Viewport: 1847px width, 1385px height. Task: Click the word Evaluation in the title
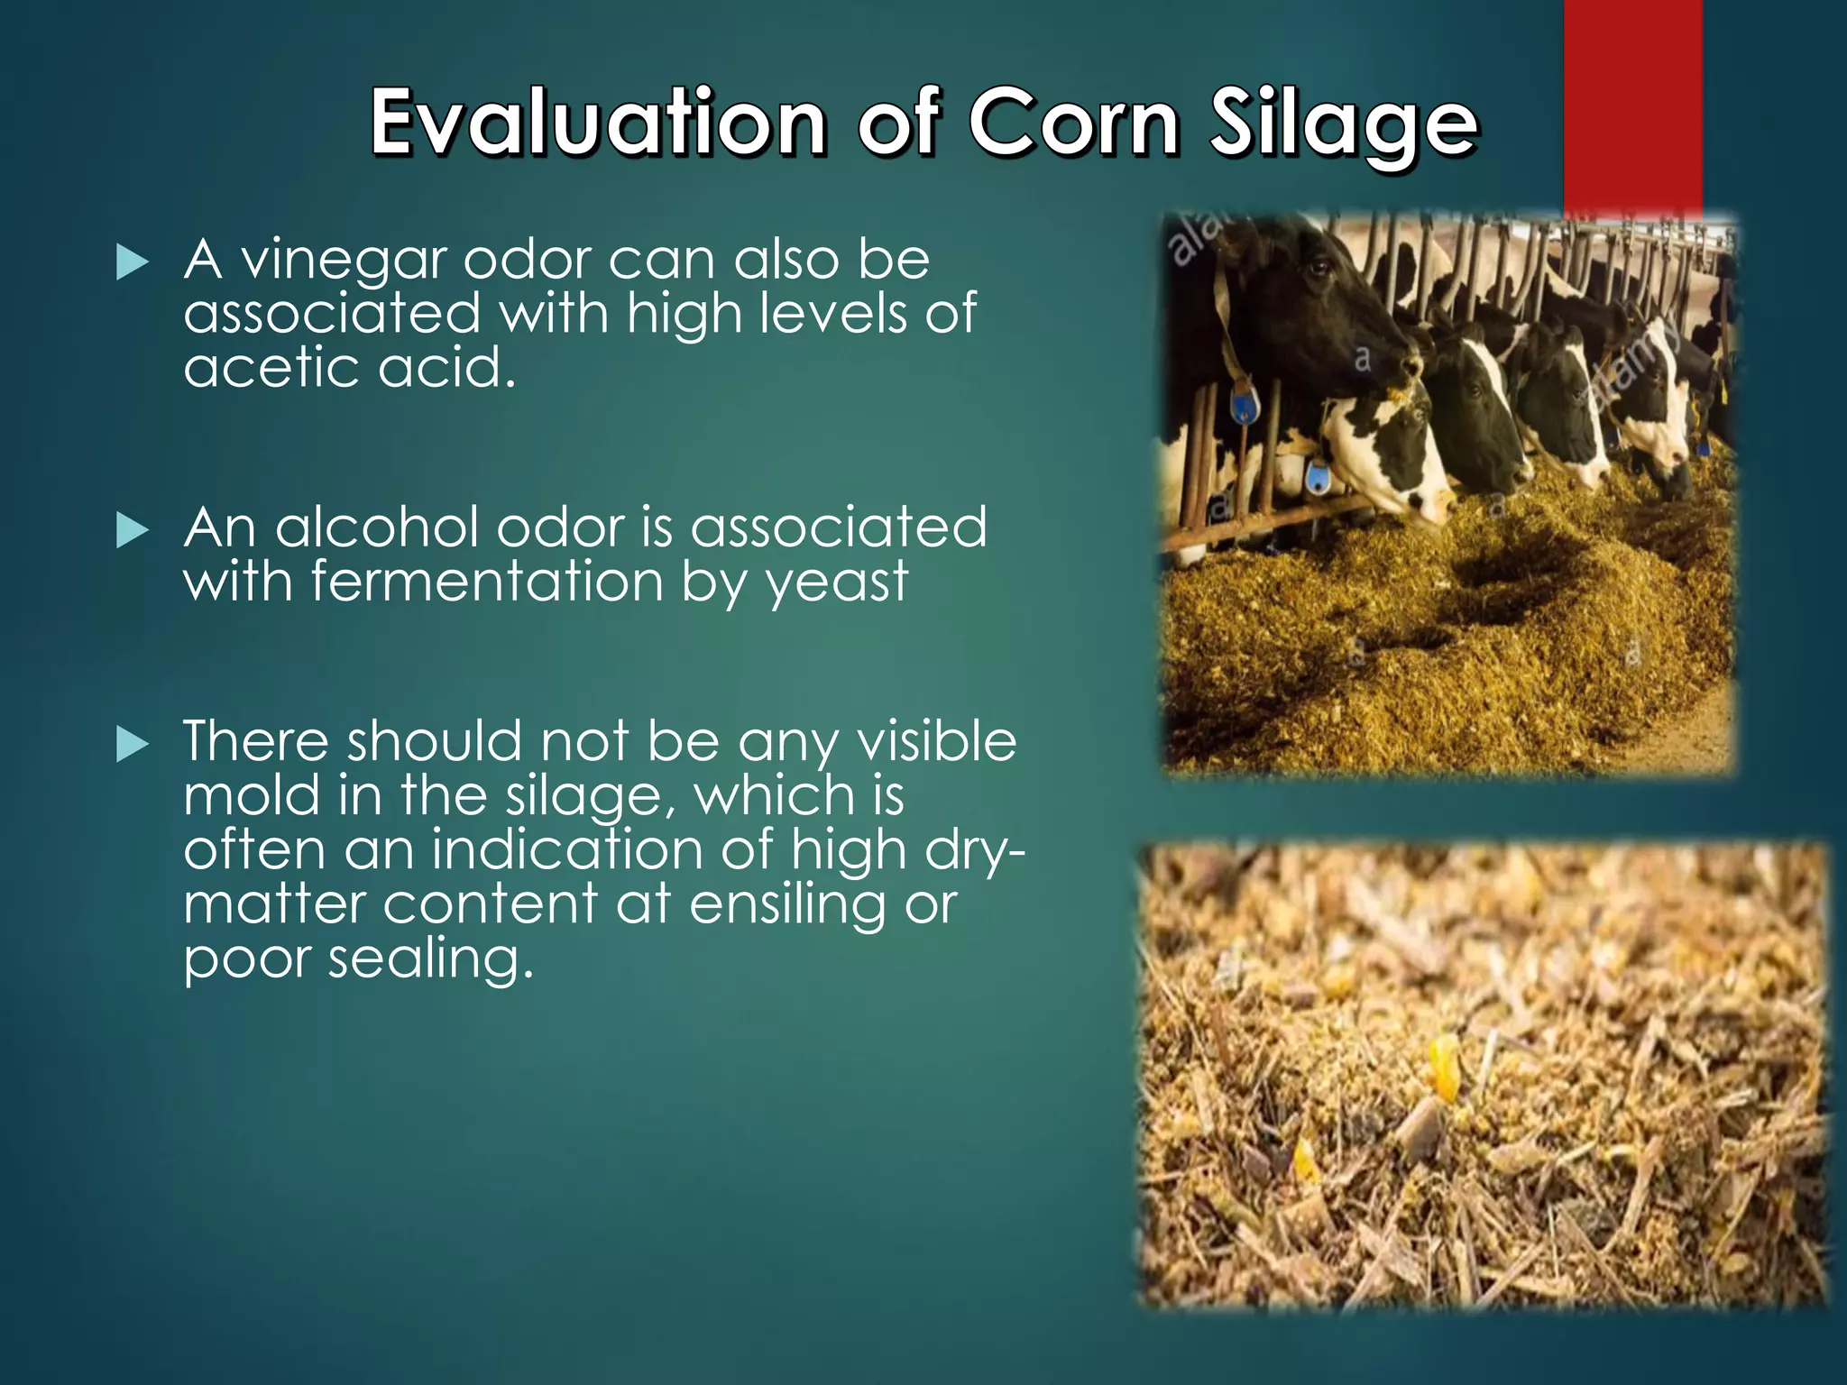pos(599,122)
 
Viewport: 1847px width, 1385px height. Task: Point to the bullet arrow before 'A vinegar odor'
pos(133,262)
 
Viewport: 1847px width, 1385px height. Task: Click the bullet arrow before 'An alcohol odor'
pos(133,531)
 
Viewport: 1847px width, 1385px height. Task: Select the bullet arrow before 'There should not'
pos(133,745)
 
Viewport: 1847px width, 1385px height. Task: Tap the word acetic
pos(271,368)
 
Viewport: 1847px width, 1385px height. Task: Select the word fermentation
pos(488,582)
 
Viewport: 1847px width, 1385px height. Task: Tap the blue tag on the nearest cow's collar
pos(1245,405)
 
